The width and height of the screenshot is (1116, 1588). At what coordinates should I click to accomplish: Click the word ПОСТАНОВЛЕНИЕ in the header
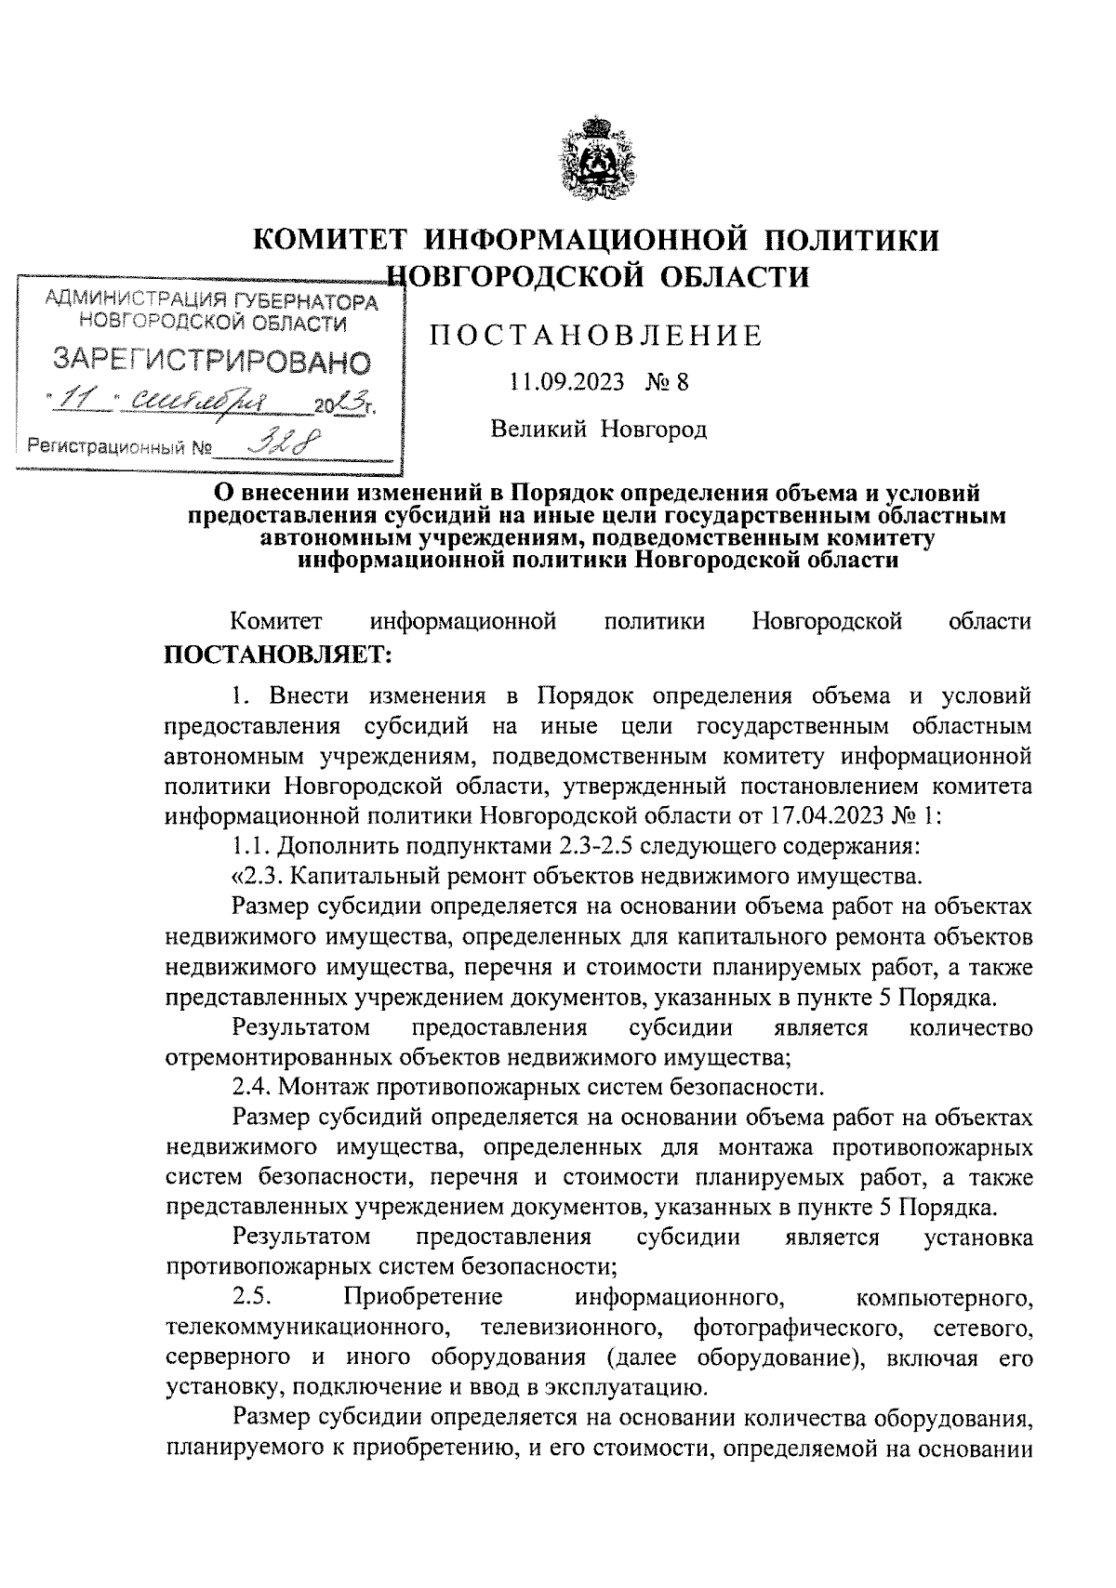[596, 336]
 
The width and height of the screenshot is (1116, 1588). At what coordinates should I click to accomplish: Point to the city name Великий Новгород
[599, 429]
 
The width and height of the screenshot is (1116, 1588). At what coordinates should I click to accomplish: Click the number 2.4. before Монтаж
[252, 1086]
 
